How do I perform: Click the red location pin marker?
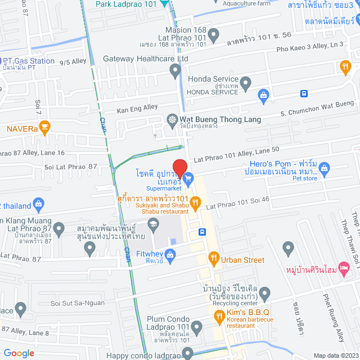pos(179,168)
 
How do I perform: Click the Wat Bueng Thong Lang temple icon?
pos(172,119)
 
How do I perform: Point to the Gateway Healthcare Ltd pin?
pos(175,70)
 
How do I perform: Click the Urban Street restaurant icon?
pos(214,259)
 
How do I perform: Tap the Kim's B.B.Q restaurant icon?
pos(220,318)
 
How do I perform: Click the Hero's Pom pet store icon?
pos(324,167)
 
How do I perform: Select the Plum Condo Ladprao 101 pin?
pos(197,327)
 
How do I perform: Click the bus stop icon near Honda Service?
pos(304,93)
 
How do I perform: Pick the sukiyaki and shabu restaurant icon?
pos(195,202)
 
